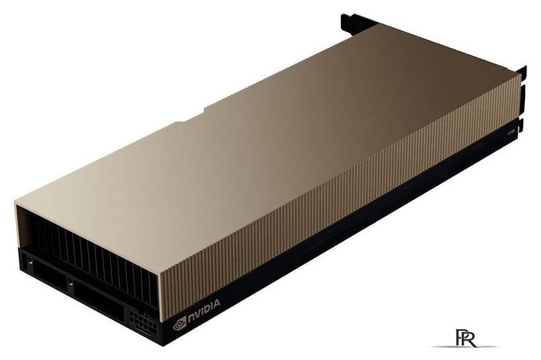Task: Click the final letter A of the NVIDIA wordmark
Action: pos(218,301)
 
